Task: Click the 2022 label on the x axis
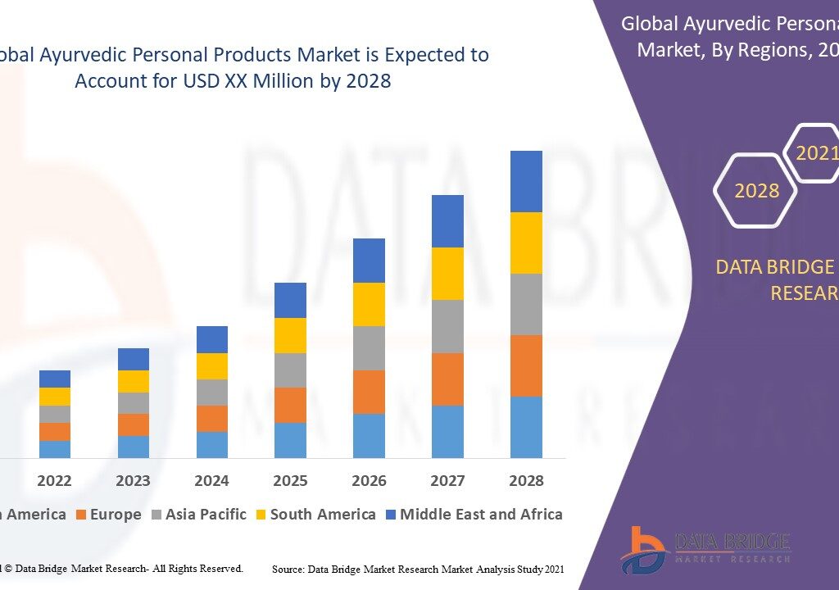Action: pos(54,480)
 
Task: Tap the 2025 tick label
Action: pos(290,480)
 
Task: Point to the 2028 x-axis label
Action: pos(526,480)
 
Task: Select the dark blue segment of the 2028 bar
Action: pos(526,181)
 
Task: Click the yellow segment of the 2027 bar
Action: pos(447,274)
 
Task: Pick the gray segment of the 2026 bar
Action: pos(369,348)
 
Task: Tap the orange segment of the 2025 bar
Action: pos(290,405)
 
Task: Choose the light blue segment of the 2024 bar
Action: pos(211,444)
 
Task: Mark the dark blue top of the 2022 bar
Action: pos(54,379)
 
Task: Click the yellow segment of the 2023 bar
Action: pos(133,381)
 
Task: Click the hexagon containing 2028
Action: pos(756,191)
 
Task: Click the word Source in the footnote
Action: pos(289,569)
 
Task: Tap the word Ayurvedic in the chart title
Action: pos(86,55)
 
